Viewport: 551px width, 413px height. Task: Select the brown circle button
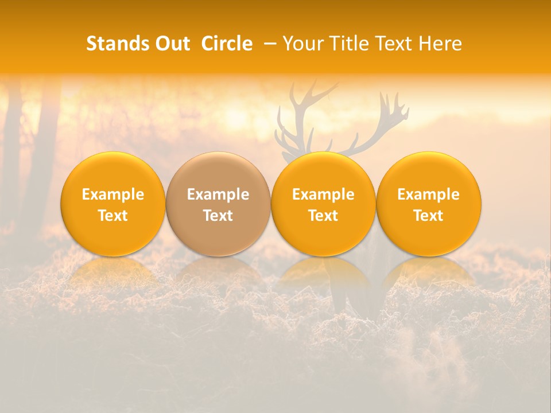pos(218,204)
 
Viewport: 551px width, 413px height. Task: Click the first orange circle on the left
pos(112,204)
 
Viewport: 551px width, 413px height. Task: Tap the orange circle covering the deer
pos(323,204)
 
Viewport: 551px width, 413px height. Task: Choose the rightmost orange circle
pos(429,204)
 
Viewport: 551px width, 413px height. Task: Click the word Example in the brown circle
pos(218,194)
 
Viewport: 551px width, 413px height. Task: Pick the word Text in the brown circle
pos(218,216)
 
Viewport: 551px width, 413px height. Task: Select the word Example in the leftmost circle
pos(112,194)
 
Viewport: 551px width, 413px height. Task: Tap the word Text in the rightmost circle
pos(429,216)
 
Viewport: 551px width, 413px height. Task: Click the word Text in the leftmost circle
pos(112,216)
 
